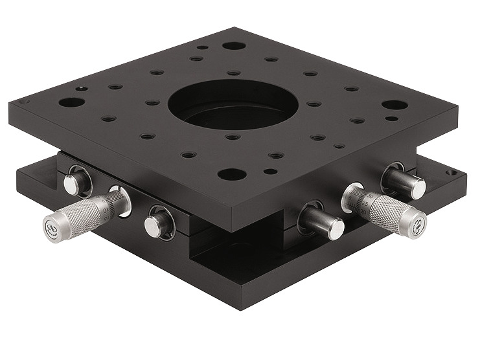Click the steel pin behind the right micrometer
click(x=409, y=186)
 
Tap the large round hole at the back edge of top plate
click(x=234, y=46)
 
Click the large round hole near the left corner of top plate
click(x=72, y=102)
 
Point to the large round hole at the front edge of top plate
click(x=232, y=174)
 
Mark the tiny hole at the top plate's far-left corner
click(x=23, y=102)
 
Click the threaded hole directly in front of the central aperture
click(x=233, y=137)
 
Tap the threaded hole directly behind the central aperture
click(x=234, y=73)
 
